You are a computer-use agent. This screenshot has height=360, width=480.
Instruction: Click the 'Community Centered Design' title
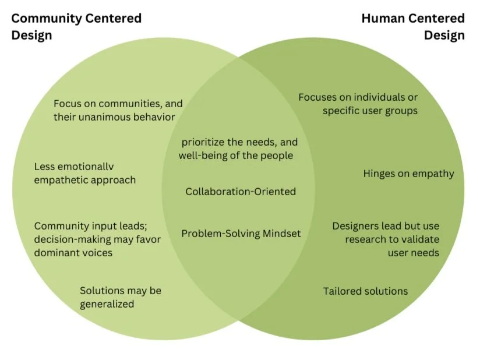pyautogui.click(x=76, y=26)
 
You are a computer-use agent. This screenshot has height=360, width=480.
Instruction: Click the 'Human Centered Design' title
pyautogui.click(x=413, y=26)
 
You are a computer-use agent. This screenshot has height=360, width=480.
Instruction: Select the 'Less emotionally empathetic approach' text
pyautogui.click(x=85, y=173)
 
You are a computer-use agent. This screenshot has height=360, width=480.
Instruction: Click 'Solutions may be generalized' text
pyautogui.click(x=121, y=297)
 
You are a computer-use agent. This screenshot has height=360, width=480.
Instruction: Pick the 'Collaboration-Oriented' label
pyautogui.click(x=241, y=191)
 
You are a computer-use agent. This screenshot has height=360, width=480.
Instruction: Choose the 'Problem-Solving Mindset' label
pyautogui.click(x=241, y=234)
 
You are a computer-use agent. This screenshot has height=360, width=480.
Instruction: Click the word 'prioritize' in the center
pyautogui.click(x=204, y=142)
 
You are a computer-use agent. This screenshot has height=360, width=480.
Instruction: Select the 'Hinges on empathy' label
pyautogui.click(x=408, y=174)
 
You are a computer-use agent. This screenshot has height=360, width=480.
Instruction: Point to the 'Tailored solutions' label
pyautogui.click(x=365, y=291)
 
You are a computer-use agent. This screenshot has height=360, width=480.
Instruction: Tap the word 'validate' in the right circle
pyautogui.click(x=420, y=239)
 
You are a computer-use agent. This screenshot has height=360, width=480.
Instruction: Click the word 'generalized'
pyautogui.click(x=107, y=304)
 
